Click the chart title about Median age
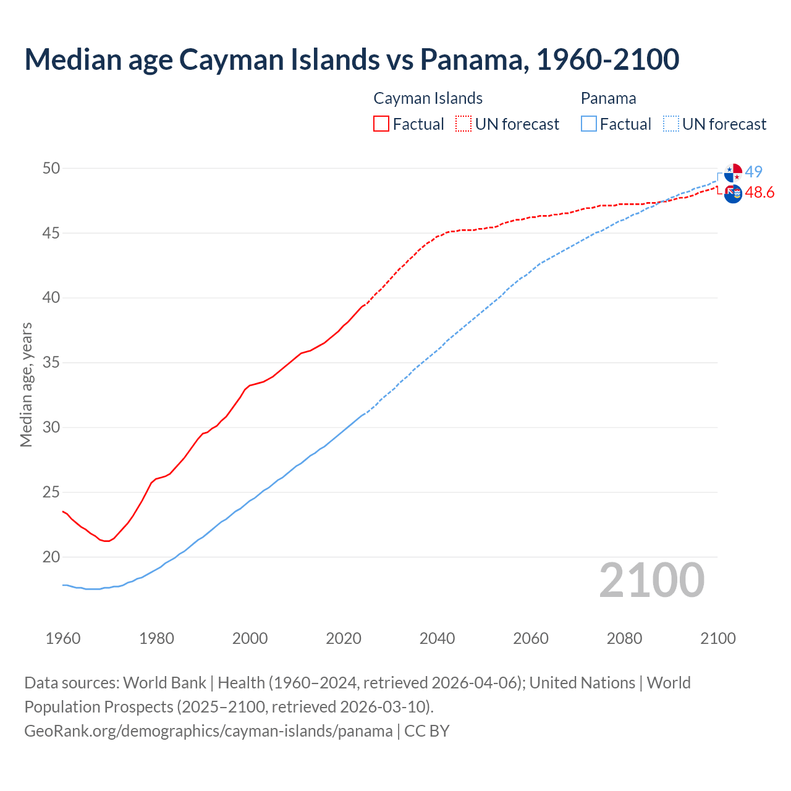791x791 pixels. pos(352,59)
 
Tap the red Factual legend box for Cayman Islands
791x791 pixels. pos(381,124)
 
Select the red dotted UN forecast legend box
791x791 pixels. pos(463,124)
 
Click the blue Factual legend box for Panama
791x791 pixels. pos(589,124)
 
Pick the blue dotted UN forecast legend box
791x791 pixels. pos(670,124)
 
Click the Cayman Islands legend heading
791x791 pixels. pos(428,98)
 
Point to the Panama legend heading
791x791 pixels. pos(608,98)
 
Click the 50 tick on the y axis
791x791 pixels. pos(51,168)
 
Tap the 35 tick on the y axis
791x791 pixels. pos(51,362)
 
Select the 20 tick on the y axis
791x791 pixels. pos(51,557)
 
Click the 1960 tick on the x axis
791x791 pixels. pos(63,638)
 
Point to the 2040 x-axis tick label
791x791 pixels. pos(437,638)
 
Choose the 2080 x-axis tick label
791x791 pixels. pos(624,638)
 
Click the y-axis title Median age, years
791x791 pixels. pos(26,384)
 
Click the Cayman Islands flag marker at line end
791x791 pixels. pos(733,193)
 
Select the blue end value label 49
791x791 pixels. pos(754,172)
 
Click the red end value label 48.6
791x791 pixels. pos(759,193)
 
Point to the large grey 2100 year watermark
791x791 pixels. pos(651,580)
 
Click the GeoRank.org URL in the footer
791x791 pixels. pos(208,731)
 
